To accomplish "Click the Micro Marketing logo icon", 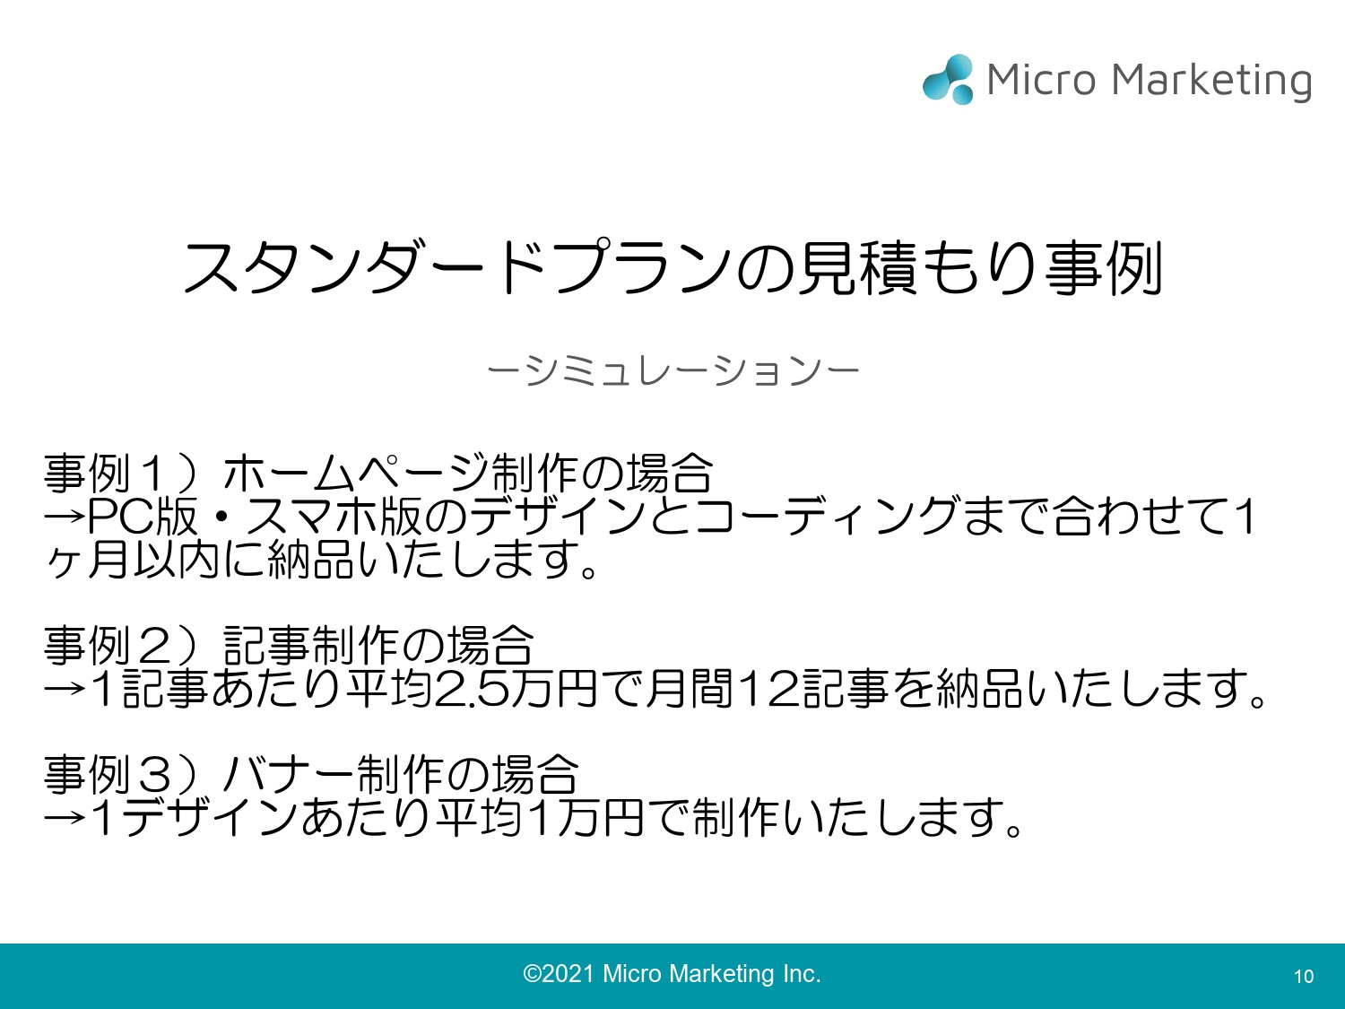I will click(x=948, y=79).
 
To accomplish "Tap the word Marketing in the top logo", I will click(x=1211, y=81).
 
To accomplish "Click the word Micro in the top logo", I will click(x=1041, y=80).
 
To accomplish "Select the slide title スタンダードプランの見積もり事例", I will click(x=672, y=267).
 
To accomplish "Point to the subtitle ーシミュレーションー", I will click(x=672, y=370).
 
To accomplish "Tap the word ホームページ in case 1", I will click(x=355, y=474).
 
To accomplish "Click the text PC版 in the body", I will click(x=143, y=516).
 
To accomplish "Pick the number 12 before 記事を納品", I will click(x=767, y=689).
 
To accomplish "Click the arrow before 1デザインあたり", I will click(x=65, y=818).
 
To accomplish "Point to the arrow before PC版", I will click(x=65, y=516).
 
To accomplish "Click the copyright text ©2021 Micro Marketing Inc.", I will click(x=672, y=974).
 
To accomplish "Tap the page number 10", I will click(x=1303, y=977).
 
